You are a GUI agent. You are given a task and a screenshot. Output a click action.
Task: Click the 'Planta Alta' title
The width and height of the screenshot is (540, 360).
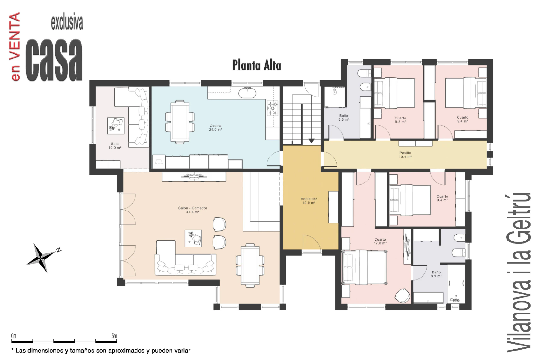[x=256, y=65]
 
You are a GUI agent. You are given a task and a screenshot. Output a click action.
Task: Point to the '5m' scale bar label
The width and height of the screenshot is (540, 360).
[x=114, y=336]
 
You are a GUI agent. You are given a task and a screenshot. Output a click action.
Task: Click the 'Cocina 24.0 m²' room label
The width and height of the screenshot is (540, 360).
[x=215, y=128]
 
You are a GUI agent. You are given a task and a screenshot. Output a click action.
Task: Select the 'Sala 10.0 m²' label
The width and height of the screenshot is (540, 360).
[x=115, y=146]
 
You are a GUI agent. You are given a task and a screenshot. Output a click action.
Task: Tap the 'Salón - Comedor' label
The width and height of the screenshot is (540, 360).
[x=193, y=208]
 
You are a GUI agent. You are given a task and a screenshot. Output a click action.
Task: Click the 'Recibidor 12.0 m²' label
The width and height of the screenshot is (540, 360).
[x=309, y=201]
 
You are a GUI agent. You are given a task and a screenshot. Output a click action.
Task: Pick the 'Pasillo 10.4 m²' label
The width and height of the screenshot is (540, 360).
[x=405, y=155]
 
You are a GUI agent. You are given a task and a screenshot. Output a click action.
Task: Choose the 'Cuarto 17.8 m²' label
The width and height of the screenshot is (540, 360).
[x=380, y=241]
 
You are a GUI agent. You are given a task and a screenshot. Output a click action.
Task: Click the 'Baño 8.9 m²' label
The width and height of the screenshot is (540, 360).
[x=436, y=274]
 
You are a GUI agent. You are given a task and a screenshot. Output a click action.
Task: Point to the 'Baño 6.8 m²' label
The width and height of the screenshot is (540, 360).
[x=344, y=118]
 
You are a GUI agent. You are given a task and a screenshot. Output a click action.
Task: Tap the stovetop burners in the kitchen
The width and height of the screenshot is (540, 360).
[x=273, y=108]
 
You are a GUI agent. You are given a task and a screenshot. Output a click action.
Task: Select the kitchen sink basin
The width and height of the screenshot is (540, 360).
[x=247, y=93]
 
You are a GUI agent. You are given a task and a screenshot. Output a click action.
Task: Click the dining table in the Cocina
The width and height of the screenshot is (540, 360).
[x=180, y=122]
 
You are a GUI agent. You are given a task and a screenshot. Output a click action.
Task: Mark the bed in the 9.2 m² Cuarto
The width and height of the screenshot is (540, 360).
[x=394, y=93]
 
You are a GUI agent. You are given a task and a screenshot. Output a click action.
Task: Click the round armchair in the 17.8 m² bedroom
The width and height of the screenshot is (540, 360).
[x=402, y=296]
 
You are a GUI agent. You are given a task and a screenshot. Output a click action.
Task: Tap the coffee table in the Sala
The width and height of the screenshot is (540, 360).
[x=116, y=126]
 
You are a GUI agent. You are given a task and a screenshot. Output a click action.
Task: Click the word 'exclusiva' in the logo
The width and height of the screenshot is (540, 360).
[x=67, y=23]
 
